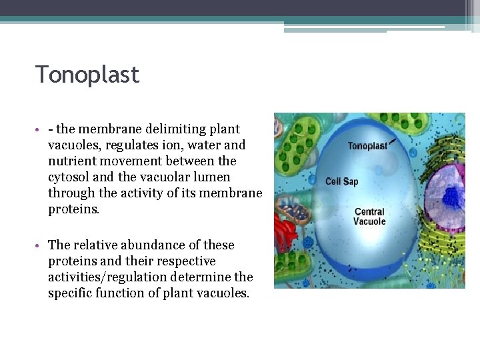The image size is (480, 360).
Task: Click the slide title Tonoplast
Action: pyautogui.click(x=87, y=74)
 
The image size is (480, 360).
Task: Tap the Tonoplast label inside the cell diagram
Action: pyautogui.click(x=367, y=146)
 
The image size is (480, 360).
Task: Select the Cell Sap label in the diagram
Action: pyautogui.click(x=341, y=181)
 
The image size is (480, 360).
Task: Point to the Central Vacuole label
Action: pyautogui.click(x=369, y=217)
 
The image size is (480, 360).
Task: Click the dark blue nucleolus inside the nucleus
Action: pyautogui.click(x=453, y=196)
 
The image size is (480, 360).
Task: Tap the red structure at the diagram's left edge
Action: pyautogui.click(x=287, y=233)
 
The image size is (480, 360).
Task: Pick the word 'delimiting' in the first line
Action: pyautogui.click(x=163, y=129)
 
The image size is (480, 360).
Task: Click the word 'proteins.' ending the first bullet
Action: pyautogui.click(x=73, y=209)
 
